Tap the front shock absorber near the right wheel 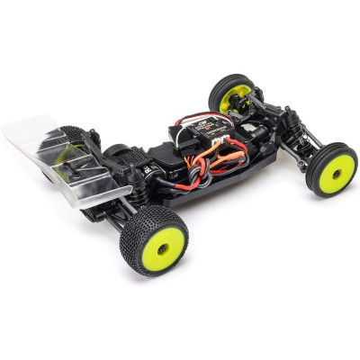tap(290, 126)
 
